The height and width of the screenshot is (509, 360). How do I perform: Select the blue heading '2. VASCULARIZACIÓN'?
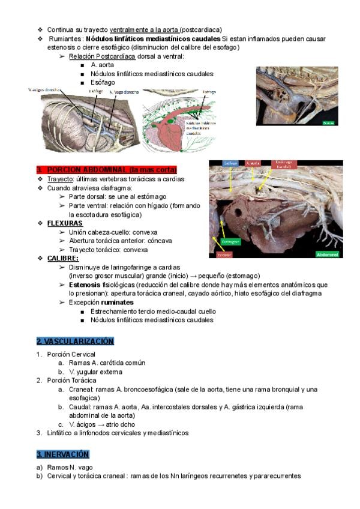75,341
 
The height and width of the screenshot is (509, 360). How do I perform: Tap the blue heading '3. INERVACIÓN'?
62,454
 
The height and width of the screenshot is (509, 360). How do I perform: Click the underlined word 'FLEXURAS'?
65,223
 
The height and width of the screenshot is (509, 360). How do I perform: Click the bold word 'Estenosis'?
88,285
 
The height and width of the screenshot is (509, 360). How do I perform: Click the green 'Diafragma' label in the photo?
229,242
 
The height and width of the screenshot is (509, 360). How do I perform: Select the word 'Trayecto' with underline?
60,179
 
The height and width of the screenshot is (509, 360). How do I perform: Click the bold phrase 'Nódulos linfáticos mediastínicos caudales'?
153,38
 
